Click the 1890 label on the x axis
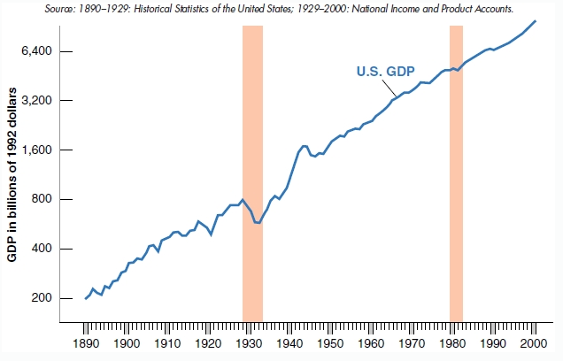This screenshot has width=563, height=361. (86, 342)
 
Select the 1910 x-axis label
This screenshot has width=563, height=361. (167, 342)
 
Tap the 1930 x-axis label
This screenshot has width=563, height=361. (249, 342)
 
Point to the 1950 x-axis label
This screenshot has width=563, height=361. (329, 342)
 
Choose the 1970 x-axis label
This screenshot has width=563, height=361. (411, 342)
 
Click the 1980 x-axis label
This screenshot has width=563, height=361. (451, 342)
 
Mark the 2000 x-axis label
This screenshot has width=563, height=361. (533, 342)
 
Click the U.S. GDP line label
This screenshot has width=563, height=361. (385, 72)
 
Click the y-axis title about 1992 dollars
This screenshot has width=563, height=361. (14, 175)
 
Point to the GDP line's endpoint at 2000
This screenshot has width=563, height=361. (536, 20)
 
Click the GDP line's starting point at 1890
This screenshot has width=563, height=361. (86, 298)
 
